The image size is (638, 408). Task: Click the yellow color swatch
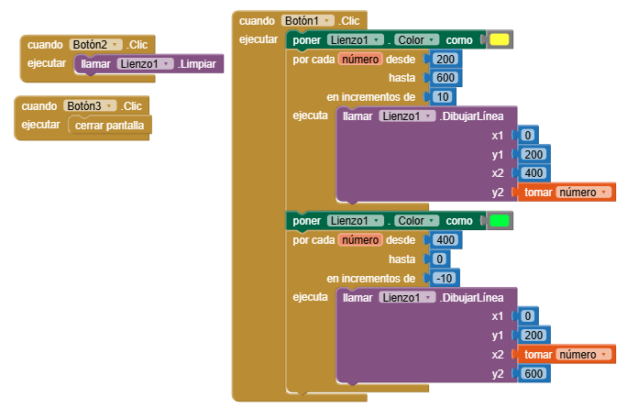coord(500,39)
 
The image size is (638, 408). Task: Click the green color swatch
coord(500,220)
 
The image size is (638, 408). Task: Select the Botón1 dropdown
coord(308,21)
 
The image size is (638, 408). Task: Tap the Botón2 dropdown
coord(95,44)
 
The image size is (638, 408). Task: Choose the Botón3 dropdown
coord(90,106)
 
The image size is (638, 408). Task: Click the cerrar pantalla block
coord(109,126)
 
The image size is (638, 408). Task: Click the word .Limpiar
coord(197,64)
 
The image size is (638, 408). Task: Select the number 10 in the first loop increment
coord(443,97)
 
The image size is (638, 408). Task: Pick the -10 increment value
coord(445,278)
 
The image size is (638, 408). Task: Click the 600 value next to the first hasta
coord(445,78)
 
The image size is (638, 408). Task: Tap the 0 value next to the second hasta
coord(439,259)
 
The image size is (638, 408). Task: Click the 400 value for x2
coord(533,173)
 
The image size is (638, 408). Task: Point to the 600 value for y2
coord(533,373)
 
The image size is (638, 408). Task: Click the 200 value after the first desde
coord(445,59)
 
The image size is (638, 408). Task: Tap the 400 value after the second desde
coord(445,240)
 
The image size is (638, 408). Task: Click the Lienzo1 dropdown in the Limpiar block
coord(145,64)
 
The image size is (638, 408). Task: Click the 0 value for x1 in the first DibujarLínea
coord(528,135)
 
